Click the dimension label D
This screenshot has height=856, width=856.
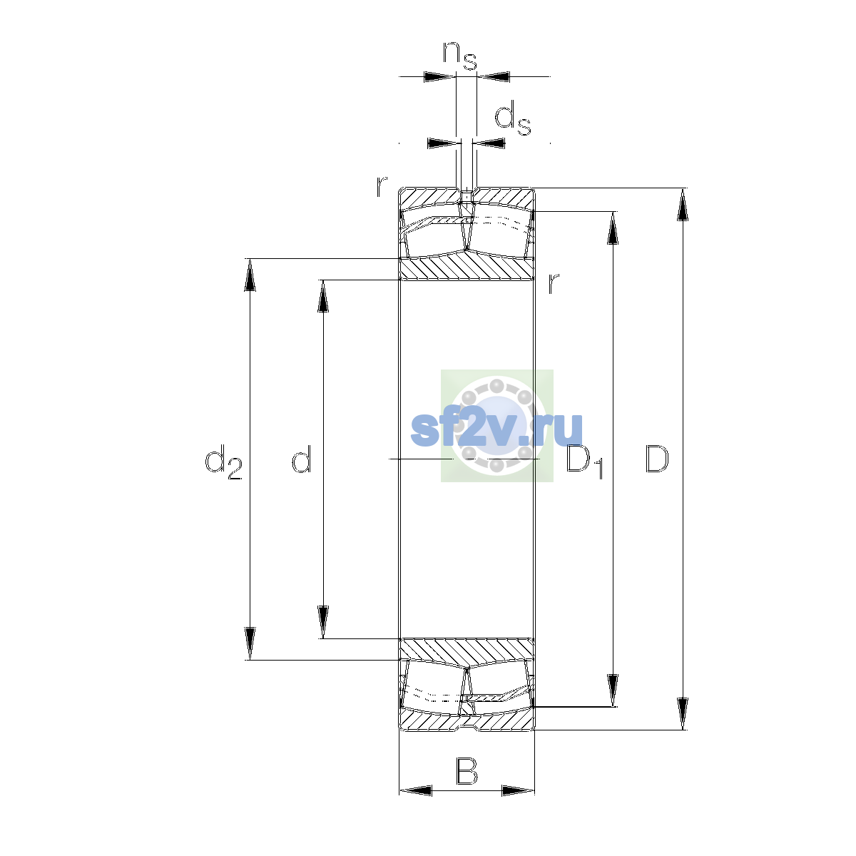coord(656,459)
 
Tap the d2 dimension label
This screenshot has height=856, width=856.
coord(223,462)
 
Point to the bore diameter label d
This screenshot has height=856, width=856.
coord(302,459)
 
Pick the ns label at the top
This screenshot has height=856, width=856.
coord(460,56)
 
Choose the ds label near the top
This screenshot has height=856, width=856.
coord(513,118)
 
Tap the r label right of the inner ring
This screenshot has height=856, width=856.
coord(553,283)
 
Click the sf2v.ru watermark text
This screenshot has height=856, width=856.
coord(496,429)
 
